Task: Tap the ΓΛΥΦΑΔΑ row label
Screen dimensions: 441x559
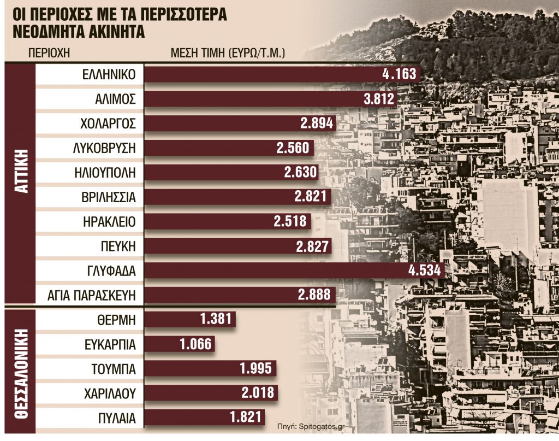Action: click(110, 271)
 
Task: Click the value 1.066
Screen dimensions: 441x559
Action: click(194, 344)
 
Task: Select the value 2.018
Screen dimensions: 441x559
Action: click(257, 393)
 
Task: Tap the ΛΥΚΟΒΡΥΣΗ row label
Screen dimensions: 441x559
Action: click(104, 148)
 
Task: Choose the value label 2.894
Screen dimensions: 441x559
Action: click(316, 124)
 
